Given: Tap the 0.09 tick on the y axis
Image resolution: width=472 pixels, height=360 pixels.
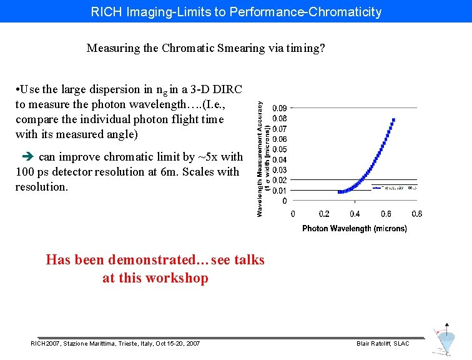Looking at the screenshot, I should click(280, 107).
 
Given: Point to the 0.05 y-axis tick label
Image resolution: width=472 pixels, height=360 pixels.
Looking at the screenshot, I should click(280, 149).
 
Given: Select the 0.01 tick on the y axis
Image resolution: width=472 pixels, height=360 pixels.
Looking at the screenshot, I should click(280, 191).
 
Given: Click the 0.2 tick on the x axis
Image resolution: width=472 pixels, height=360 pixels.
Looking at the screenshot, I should click(324, 214).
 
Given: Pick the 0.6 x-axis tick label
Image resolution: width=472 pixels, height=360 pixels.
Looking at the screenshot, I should click(385, 214).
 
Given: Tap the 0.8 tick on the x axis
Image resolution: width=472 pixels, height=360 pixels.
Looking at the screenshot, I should click(416, 214).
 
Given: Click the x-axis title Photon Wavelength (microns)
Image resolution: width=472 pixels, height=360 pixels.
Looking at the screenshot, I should click(355, 229).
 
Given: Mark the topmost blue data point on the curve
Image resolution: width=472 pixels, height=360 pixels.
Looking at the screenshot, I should click(394, 119).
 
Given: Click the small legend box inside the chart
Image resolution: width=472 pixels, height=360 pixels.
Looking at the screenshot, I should click(395, 187).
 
